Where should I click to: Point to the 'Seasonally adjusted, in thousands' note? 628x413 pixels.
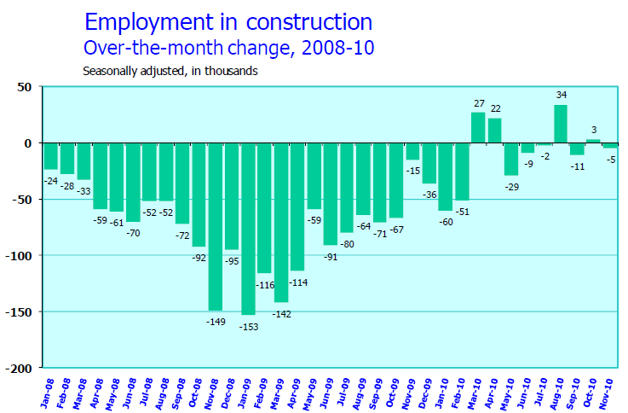(x=170, y=72)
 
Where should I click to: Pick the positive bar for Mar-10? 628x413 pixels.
(x=478, y=127)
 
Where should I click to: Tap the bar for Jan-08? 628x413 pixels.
(x=50, y=156)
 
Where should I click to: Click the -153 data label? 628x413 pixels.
(x=247, y=326)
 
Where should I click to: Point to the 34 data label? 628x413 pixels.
(x=561, y=95)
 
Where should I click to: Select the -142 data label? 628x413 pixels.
(x=281, y=314)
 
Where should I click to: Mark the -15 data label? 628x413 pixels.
(x=412, y=171)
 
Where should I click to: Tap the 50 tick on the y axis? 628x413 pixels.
(x=24, y=87)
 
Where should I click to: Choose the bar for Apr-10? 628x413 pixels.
(x=494, y=131)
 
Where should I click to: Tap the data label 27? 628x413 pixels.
(x=478, y=103)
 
